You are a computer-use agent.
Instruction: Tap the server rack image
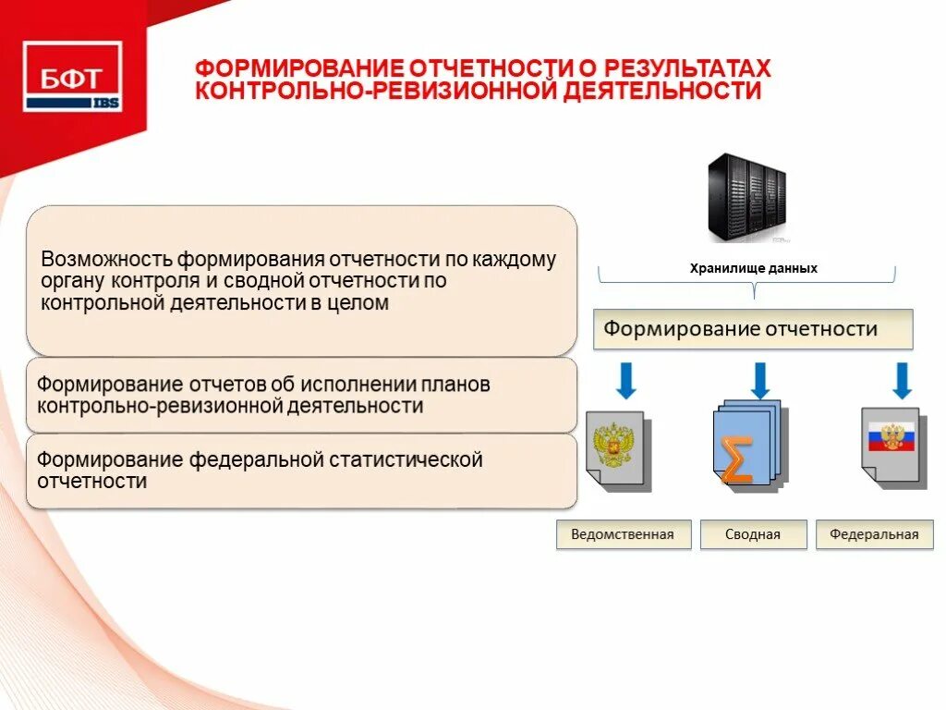coord(746,197)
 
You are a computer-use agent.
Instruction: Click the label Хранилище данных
coord(754,268)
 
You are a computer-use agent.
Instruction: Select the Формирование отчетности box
coord(752,329)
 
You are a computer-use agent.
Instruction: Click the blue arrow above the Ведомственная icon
coord(625,380)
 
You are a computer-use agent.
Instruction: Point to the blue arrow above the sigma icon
coord(760,380)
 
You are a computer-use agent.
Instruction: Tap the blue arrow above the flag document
coord(902,380)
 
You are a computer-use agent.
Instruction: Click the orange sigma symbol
coord(735,459)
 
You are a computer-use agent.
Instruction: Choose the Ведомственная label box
coord(623,534)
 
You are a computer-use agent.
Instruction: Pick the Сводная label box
coord(753,534)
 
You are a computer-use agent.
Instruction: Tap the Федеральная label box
coord(874,534)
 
